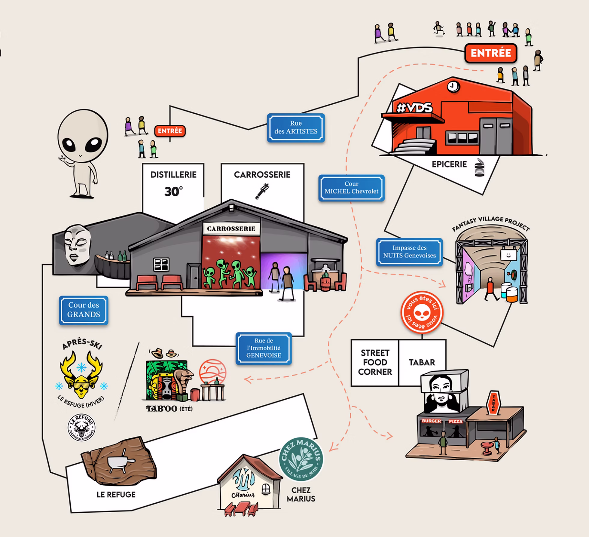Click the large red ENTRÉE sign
[490, 53]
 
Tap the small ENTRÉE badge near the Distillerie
[170, 131]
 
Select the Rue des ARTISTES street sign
[296, 127]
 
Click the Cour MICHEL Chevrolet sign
[351, 188]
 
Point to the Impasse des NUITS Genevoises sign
[409, 252]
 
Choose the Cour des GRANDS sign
[84, 310]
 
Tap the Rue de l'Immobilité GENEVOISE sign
[264, 348]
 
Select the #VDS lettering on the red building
[415, 108]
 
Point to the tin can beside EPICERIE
[480, 167]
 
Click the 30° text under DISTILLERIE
[173, 192]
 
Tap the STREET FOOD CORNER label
[375, 362]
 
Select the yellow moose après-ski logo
[81, 373]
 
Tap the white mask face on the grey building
[77, 244]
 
